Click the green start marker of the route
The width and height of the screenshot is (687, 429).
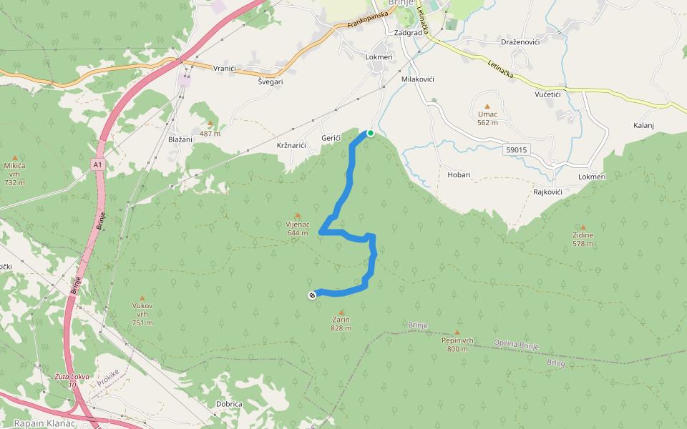click(371, 133)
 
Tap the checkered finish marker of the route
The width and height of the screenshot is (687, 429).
click(312, 295)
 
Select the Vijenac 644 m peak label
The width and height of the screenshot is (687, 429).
click(297, 227)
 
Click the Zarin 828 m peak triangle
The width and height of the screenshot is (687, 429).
click(341, 312)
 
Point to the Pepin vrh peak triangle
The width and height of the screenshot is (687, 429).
click(457, 332)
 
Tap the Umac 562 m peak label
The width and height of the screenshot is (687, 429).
click(487, 118)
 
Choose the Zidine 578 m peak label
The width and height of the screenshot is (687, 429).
click(583, 239)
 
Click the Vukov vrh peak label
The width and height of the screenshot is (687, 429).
click(142, 310)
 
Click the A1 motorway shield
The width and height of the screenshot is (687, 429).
click(97, 164)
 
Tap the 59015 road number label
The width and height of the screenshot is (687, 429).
click(516, 149)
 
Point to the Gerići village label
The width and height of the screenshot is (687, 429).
click(331, 138)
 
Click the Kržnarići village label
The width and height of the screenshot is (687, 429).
click(291, 146)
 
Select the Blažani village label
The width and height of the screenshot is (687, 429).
click(180, 139)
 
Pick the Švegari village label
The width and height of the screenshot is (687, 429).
click(271, 82)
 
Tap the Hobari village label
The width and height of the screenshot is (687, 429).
click(459, 174)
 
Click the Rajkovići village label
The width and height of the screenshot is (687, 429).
click(547, 192)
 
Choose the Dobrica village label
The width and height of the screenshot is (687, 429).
click(229, 404)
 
